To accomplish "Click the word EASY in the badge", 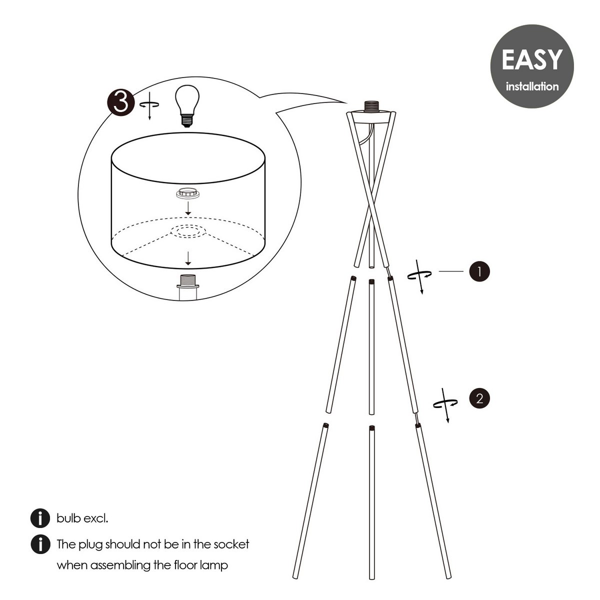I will pos(531,60).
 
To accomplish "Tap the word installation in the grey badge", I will pos(532,86).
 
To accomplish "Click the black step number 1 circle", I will pos(479,271).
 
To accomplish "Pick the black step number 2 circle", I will pos(479,398).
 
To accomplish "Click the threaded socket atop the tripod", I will pos(372,106).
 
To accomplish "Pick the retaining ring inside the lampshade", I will pos(188,193).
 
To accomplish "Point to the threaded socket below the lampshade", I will pos(188,281).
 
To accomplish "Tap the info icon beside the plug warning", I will pos(40,544).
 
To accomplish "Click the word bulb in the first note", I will pos(69,518).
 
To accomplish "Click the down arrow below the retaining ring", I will pos(188,209).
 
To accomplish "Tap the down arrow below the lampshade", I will pos(188,258).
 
